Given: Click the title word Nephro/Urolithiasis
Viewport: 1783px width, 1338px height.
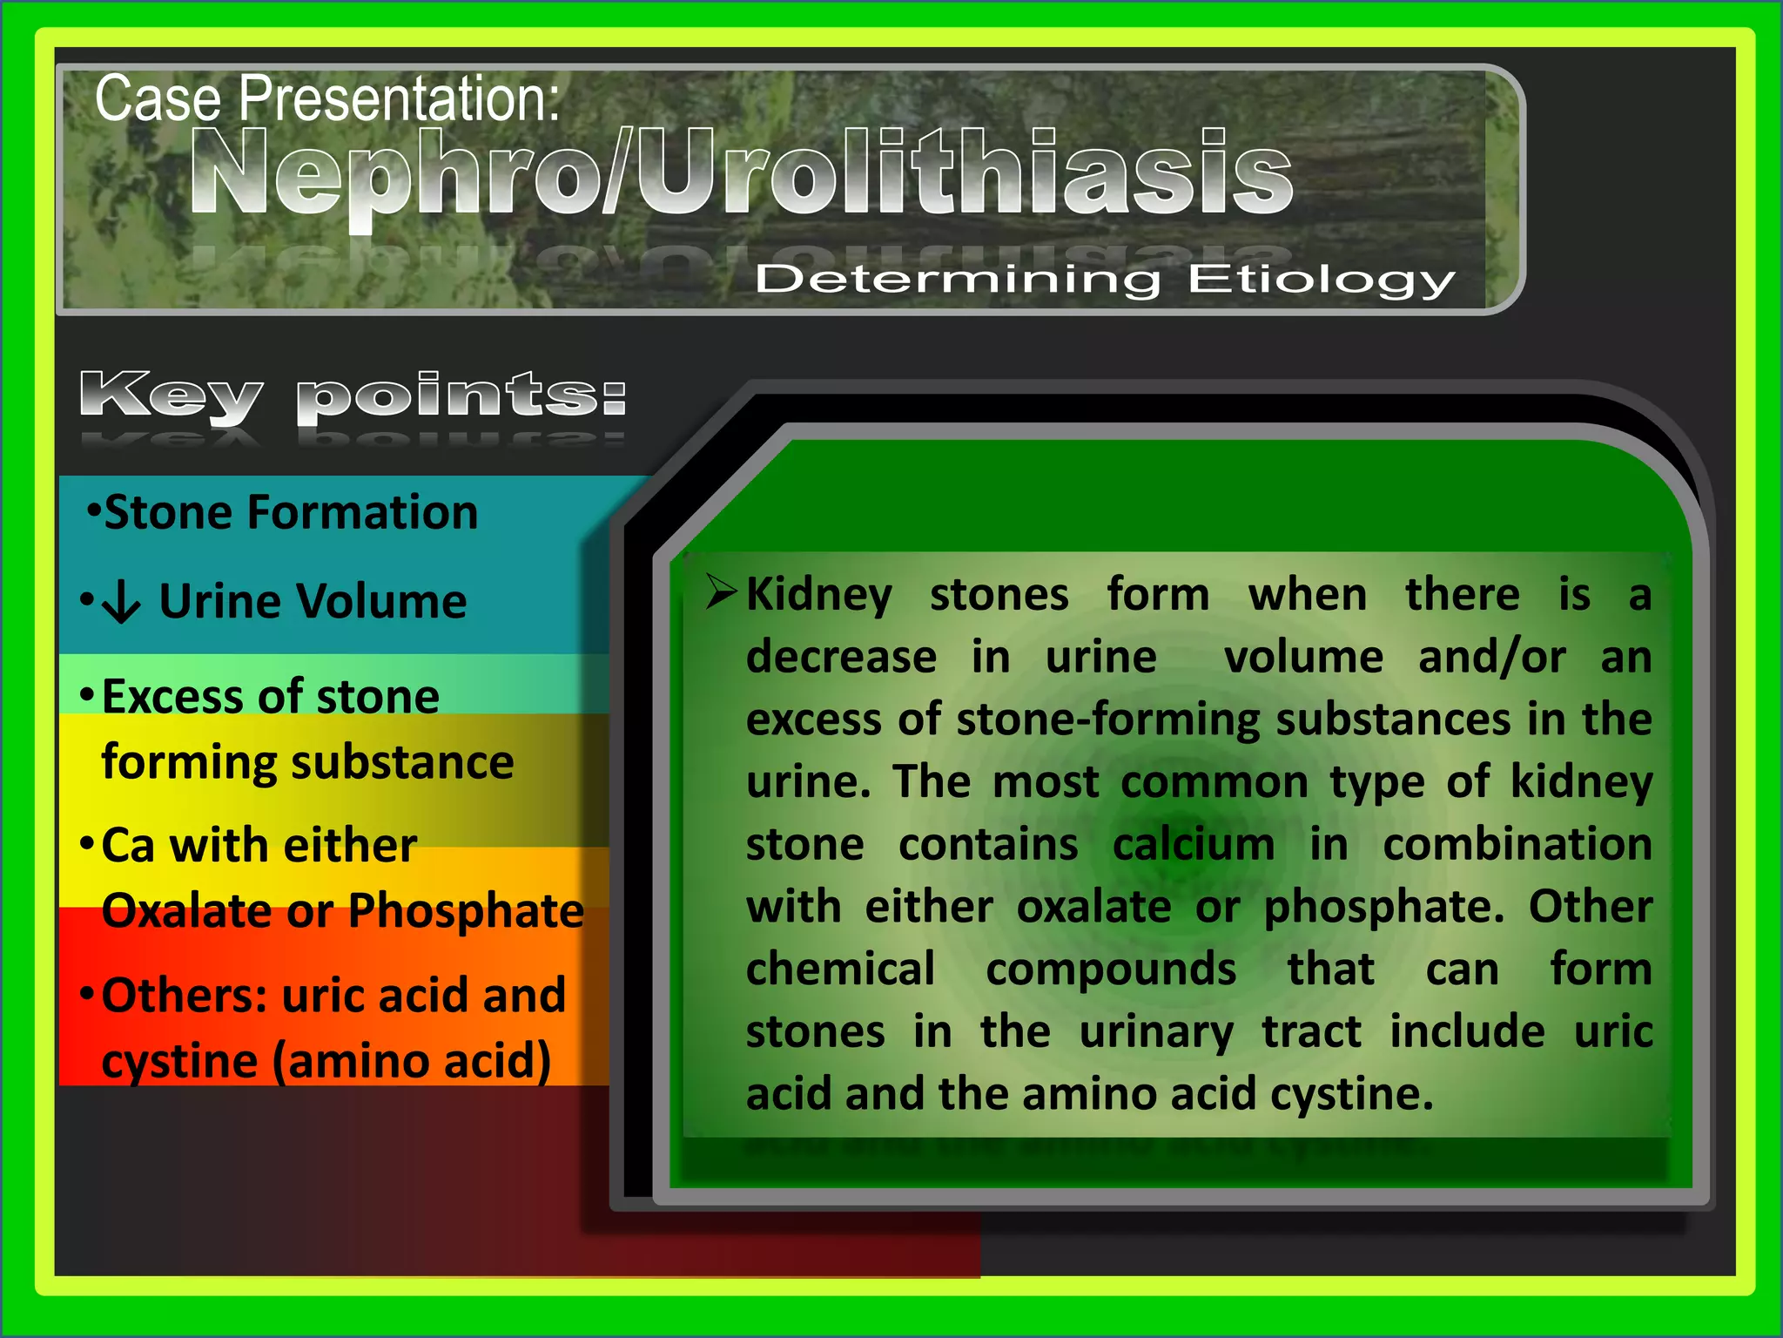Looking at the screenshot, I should [x=740, y=172].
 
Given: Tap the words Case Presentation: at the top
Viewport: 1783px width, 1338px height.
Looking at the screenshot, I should [x=326, y=98].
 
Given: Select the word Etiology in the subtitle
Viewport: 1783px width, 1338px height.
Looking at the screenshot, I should [x=1322, y=280].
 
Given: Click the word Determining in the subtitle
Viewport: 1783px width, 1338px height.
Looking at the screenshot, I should [x=958, y=280].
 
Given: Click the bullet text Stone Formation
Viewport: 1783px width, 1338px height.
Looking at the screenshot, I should [x=291, y=512].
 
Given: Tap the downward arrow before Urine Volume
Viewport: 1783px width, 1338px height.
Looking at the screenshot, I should [x=121, y=602].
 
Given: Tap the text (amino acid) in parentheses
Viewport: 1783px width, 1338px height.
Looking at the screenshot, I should [x=413, y=1061].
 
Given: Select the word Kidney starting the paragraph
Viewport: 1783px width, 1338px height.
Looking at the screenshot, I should [x=819, y=596].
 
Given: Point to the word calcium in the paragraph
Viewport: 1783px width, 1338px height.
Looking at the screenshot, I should [x=1193, y=845].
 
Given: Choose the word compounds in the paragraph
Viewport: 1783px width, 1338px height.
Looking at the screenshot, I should [x=1111, y=970].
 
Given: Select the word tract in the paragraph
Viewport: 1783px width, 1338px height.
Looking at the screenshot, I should [x=1311, y=1032].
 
